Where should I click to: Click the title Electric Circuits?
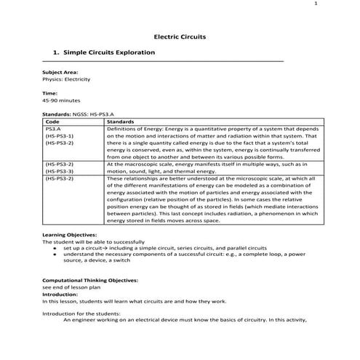(180, 35)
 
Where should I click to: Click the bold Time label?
(49, 93)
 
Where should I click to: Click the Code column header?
(52, 121)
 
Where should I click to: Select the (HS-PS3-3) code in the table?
(60, 171)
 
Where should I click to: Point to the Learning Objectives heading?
(69, 236)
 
